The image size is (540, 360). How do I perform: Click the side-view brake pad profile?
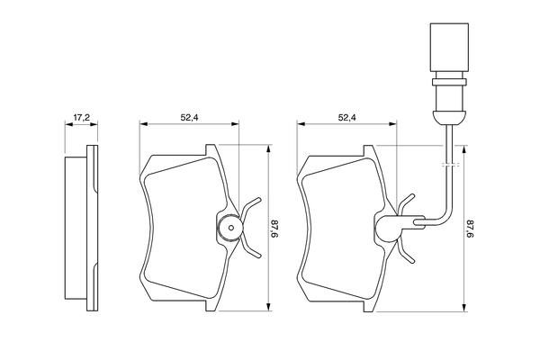tap(80, 229)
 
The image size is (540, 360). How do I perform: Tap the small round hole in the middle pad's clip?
tap(230, 228)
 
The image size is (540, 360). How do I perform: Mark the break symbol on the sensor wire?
tap(450, 166)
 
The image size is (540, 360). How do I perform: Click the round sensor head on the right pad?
tap(389, 229)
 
